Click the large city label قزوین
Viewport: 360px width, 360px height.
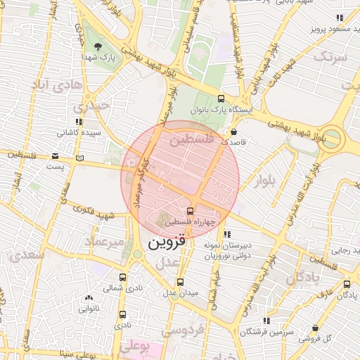(167, 243)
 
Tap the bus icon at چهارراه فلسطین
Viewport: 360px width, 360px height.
(190, 210)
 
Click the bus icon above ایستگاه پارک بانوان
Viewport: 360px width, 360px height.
(221, 99)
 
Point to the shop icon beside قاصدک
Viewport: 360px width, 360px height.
(233, 131)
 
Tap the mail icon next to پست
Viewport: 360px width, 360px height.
(79, 157)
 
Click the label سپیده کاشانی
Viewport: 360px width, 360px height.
(79, 132)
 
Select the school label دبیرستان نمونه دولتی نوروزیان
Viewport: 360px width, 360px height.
(226, 252)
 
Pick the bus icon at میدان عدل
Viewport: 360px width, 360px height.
(181, 282)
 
